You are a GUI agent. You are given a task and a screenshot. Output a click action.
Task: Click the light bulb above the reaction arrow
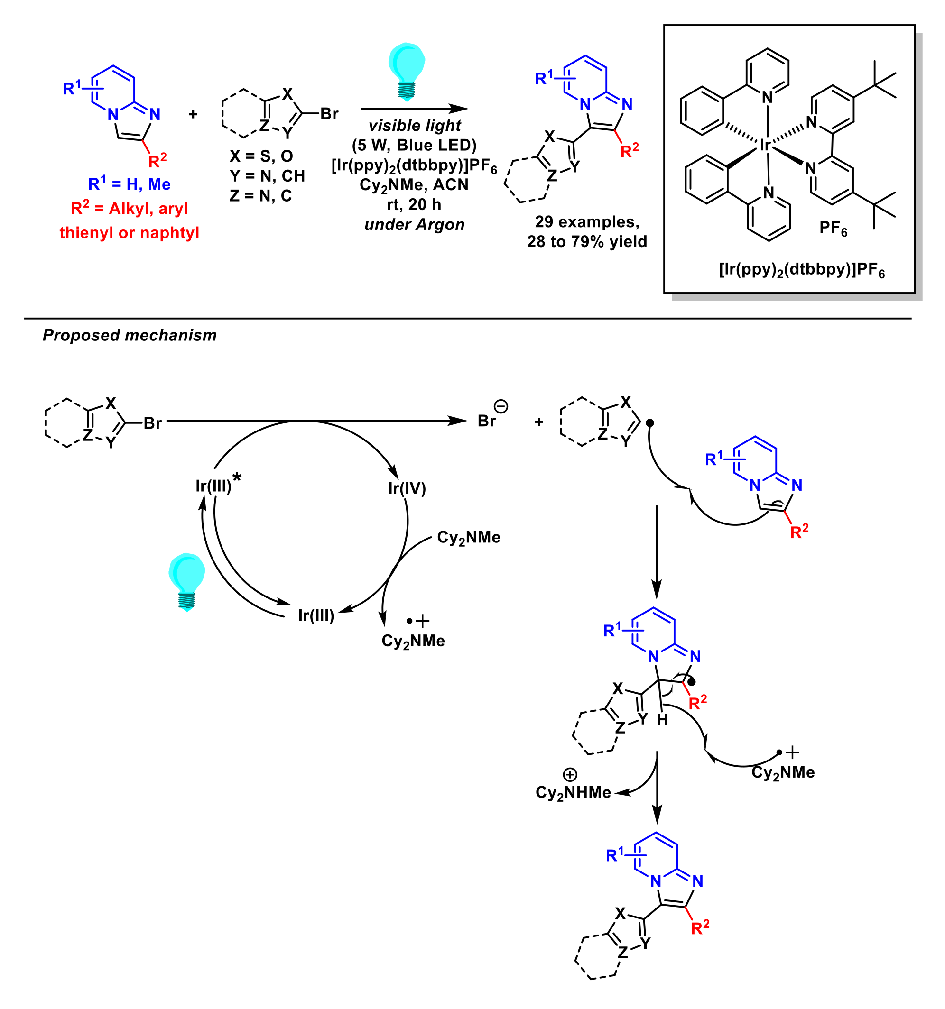click(406, 71)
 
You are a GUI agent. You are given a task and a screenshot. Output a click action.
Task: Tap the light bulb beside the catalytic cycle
click(186, 582)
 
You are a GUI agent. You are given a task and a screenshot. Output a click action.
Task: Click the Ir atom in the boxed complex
click(765, 146)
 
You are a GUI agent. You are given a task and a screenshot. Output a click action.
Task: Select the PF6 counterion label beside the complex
click(833, 228)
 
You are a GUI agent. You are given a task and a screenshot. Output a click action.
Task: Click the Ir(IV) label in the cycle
click(407, 488)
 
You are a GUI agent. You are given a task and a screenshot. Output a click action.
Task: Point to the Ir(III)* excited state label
click(217, 485)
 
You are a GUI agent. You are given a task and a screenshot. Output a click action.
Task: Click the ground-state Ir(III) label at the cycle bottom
click(316, 615)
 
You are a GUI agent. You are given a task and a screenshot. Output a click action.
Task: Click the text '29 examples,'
click(587, 222)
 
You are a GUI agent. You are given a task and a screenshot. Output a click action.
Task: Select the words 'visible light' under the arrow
click(414, 125)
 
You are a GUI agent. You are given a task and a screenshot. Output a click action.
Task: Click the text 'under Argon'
click(414, 224)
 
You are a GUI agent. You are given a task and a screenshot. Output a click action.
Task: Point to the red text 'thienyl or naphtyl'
click(129, 232)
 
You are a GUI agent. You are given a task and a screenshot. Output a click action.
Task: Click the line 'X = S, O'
click(261, 156)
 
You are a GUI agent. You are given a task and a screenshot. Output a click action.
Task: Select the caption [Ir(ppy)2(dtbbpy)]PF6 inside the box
click(801, 269)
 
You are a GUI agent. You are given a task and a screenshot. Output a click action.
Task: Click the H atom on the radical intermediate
click(662, 720)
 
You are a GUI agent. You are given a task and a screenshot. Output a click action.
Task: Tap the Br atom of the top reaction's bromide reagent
click(329, 114)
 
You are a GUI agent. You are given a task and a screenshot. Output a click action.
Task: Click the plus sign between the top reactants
click(193, 115)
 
